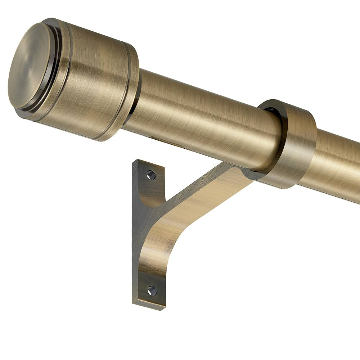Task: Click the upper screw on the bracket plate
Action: pyautogui.click(x=151, y=175)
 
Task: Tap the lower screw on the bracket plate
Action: pyautogui.click(x=152, y=291)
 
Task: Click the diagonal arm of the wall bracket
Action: pyautogui.click(x=202, y=194)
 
